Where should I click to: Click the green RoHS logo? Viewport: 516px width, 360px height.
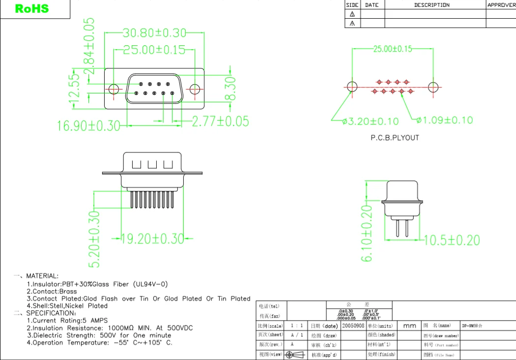click(32, 9)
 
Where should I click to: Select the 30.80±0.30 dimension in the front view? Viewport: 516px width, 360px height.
click(154, 33)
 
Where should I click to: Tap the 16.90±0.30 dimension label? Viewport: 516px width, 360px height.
click(88, 126)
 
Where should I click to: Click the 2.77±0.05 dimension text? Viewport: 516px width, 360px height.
click(220, 121)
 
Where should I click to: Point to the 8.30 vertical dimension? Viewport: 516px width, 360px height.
click(230, 89)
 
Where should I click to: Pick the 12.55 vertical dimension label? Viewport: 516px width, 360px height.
click(74, 90)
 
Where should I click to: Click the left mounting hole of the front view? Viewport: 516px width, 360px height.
click(114, 89)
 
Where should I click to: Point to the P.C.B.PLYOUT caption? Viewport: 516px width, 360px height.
click(395, 138)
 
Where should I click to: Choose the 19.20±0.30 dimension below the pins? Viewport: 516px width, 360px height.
click(152, 239)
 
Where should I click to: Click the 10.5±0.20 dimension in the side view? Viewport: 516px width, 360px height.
click(452, 240)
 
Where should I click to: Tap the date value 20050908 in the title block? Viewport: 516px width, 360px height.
click(353, 326)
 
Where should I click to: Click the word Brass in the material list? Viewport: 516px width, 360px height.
click(68, 291)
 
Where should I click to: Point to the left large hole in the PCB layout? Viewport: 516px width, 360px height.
click(352, 87)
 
